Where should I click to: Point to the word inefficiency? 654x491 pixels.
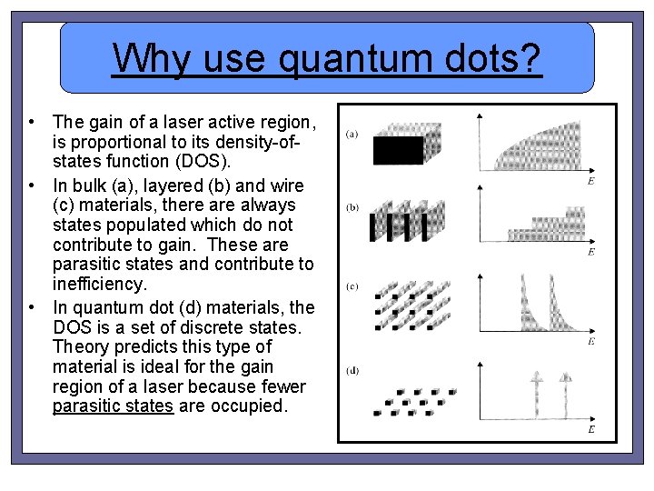pos(100,285)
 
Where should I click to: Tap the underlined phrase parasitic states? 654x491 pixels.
pos(113,406)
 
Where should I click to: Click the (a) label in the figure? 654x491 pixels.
pos(352,135)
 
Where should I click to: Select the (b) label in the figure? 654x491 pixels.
pos(352,207)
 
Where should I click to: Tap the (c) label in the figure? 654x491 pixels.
pos(352,286)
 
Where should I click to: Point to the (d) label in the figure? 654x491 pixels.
pos(352,369)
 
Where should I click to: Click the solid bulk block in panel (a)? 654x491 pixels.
pos(399,150)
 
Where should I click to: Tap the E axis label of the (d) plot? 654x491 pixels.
pos(591,428)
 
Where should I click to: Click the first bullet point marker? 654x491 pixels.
pos(32,122)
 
